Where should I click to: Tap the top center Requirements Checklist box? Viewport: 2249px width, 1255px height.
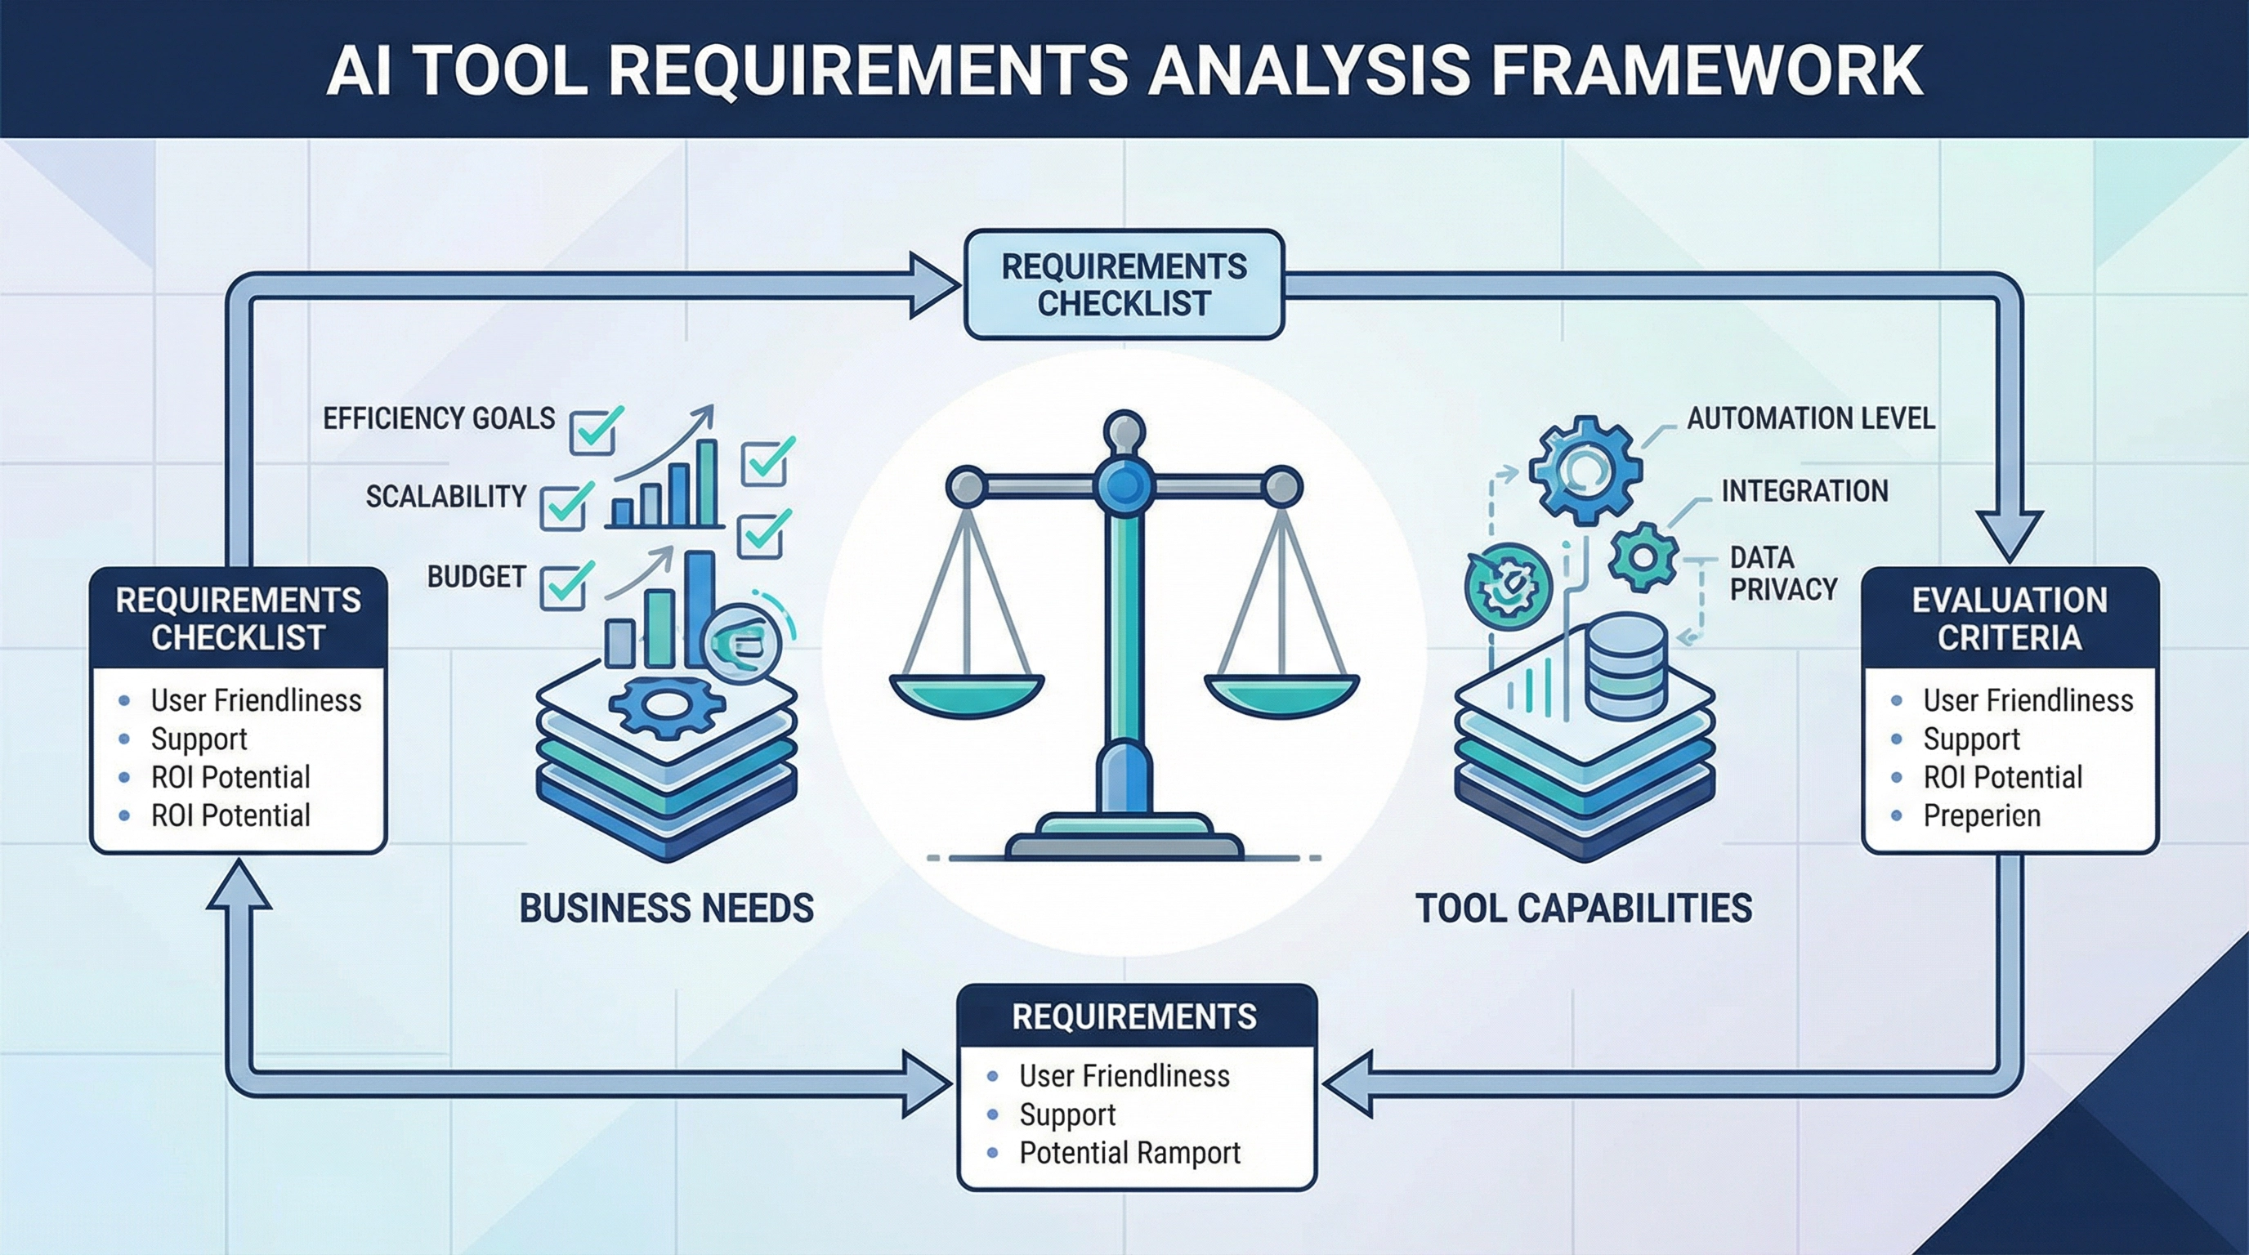1124,284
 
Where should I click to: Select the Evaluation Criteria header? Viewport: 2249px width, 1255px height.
2010,619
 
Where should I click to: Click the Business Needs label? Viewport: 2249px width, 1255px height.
666,909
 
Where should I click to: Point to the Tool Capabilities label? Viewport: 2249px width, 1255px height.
1583,909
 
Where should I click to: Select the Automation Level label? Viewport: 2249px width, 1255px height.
1810,419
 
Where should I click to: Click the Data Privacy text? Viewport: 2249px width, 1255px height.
1783,574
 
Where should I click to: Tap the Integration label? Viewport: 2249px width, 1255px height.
1804,491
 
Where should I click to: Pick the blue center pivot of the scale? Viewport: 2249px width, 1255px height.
1124,484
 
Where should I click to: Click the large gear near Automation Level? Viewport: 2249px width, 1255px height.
1585,471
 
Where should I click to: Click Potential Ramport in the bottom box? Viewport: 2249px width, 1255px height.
1129,1153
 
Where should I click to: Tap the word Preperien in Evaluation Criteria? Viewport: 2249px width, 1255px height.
1981,816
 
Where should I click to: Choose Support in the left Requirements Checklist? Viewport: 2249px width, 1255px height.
199,739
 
